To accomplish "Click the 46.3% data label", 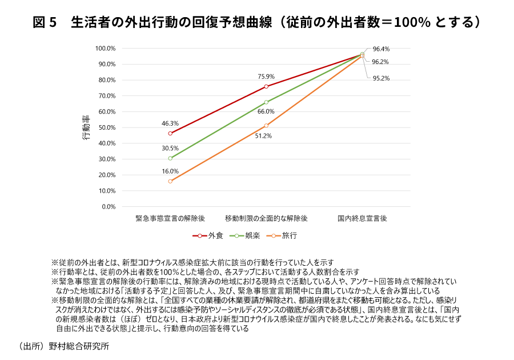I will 170,123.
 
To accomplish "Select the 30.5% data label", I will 170,147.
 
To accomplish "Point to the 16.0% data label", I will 170,171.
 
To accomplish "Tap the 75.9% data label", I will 266,76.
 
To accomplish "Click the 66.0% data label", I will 266,111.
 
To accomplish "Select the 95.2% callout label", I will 380,79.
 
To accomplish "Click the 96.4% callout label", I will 380,49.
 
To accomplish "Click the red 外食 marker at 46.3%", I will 170,133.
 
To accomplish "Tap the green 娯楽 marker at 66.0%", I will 266,102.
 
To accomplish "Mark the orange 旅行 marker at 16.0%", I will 170,181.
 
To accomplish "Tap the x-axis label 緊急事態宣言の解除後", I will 170,218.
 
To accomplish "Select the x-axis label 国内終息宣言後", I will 362,218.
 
